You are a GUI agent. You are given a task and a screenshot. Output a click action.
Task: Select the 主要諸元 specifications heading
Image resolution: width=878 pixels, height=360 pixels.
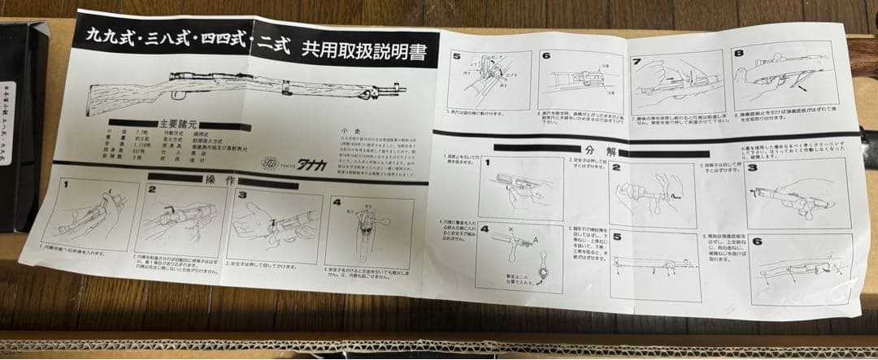(163, 124)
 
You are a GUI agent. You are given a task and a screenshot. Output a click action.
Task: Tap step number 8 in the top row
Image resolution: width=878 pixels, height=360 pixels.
(738, 54)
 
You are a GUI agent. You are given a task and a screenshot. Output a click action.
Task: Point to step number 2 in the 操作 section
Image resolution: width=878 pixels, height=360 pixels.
(152, 190)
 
